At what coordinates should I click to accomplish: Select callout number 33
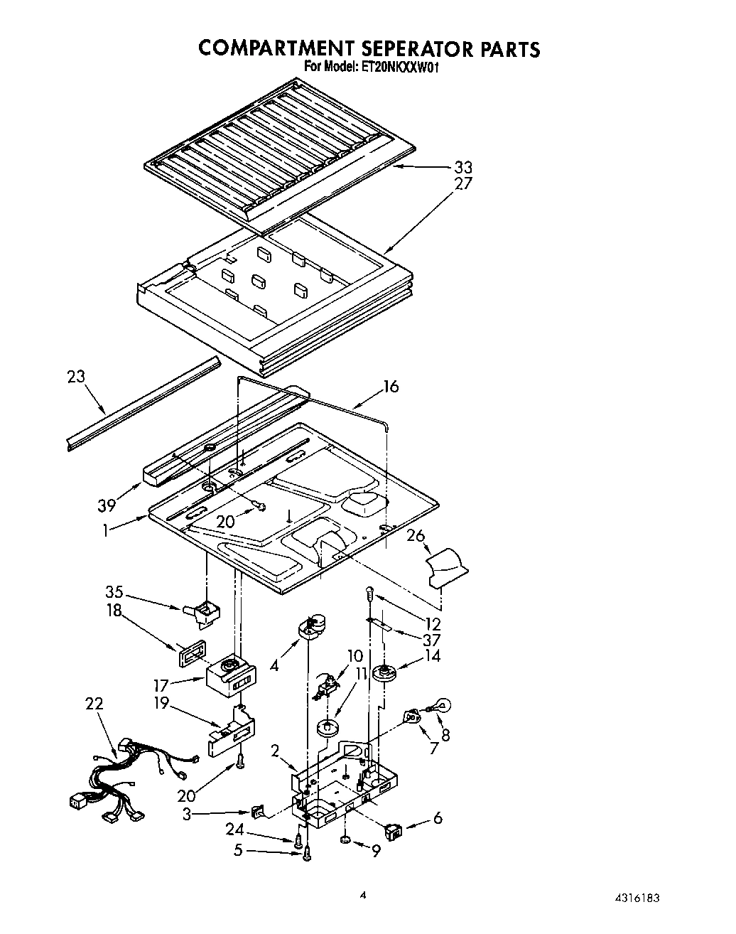pyautogui.click(x=462, y=168)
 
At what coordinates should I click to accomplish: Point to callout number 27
pyautogui.click(x=462, y=183)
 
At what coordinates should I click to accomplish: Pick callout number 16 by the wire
pyautogui.click(x=391, y=386)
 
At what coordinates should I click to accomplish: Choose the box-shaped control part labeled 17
pyautogui.click(x=229, y=675)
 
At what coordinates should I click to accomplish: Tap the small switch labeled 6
pyautogui.click(x=393, y=829)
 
